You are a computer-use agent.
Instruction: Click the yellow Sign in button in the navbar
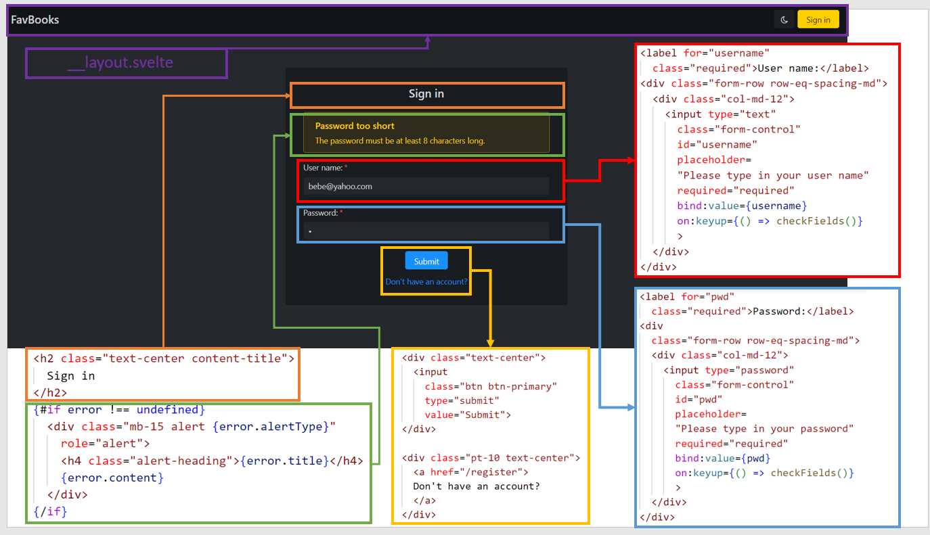(x=818, y=20)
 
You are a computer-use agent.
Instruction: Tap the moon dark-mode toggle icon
(x=784, y=20)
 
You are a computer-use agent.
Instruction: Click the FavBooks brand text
(x=35, y=20)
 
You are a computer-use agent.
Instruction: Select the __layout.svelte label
(x=120, y=63)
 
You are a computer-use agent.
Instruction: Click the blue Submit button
(x=426, y=261)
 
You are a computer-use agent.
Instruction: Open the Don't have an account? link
(x=426, y=281)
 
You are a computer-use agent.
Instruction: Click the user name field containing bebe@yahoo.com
(x=426, y=187)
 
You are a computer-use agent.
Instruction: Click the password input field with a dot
(x=426, y=231)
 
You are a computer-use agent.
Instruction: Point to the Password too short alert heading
(x=355, y=126)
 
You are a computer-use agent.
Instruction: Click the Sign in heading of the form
(x=426, y=94)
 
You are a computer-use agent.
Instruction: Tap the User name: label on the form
(x=323, y=168)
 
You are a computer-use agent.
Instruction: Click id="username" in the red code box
(x=717, y=144)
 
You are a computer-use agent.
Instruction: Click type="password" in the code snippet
(x=749, y=370)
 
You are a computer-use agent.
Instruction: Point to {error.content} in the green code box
(x=112, y=478)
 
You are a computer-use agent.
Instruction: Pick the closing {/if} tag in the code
(x=50, y=511)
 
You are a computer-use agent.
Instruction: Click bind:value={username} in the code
(x=742, y=206)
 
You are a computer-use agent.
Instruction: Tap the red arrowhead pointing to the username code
(x=631, y=160)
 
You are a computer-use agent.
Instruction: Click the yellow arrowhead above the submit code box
(x=491, y=344)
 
